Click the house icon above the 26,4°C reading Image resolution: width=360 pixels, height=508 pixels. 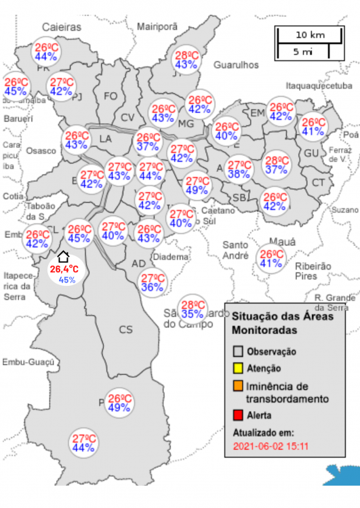click(x=62, y=256)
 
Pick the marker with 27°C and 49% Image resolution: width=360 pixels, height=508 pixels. click(x=197, y=185)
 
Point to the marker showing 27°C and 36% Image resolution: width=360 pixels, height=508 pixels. click(x=153, y=282)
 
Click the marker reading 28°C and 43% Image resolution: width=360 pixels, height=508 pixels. click(x=186, y=60)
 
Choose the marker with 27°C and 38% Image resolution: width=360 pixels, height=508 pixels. click(x=239, y=169)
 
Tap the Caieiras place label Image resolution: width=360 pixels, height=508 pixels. click(x=61, y=27)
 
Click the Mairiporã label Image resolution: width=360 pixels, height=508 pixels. click(x=157, y=26)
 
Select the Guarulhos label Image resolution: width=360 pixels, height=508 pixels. click(x=237, y=64)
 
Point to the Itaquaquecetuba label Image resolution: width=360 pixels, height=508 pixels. click(x=319, y=87)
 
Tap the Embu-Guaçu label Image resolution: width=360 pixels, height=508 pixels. click(x=27, y=362)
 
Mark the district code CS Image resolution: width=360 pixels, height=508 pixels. click(x=126, y=330)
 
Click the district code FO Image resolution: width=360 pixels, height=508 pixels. click(x=111, y=96)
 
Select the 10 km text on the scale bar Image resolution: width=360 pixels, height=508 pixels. click(x=311, y=35)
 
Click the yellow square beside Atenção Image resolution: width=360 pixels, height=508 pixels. click(x=238, y=368)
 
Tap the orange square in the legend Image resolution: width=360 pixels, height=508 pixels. click(x=238, y=386)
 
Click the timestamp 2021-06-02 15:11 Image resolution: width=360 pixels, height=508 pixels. click(x=271, y=447)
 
